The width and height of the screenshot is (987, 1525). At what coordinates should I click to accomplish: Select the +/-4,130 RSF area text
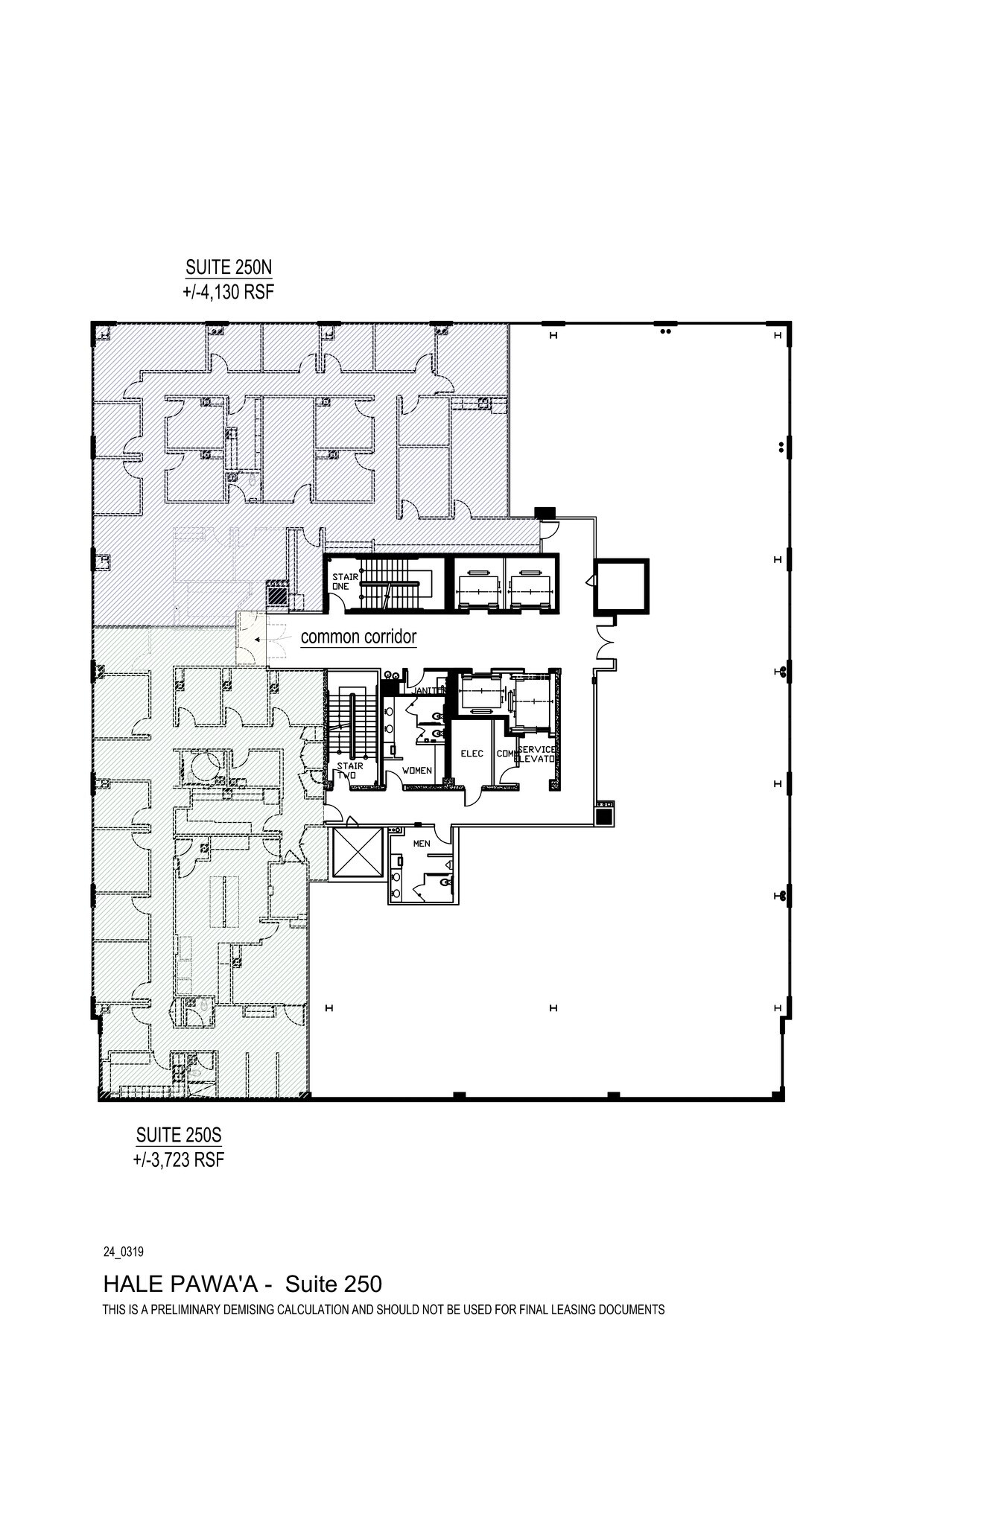(x=229, y=292)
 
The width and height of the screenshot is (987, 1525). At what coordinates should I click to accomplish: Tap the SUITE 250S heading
(x=179, y=1136)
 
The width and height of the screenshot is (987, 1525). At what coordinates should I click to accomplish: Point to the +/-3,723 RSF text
(x=179, y=1160)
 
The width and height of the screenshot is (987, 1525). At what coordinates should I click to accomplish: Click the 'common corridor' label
(x=358, y=637)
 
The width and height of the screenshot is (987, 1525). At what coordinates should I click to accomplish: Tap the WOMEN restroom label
(x=416, y=770)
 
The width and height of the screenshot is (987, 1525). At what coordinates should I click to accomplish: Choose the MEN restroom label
(x=422, y=844)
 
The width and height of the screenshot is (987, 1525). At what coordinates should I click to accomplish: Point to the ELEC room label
(x=472, y=754)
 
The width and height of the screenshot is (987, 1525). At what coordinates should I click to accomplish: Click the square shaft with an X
(x=355, y=852)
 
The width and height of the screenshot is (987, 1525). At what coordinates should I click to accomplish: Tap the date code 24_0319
(x=123, y=1252)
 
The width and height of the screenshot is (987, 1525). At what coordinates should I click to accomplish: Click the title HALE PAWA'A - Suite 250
(x=242, y=1284)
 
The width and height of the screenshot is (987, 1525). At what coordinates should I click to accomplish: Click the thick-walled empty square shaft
(x=621, y=587)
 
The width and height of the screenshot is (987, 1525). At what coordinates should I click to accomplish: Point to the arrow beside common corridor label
(x=256, y=639)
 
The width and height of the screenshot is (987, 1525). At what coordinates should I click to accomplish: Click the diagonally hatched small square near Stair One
(x=277, y=596)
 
